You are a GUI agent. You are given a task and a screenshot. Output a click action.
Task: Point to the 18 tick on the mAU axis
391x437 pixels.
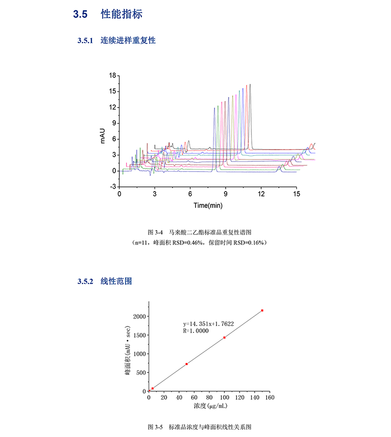click(112, 75)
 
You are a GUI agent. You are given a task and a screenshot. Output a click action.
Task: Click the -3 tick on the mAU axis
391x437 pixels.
click(112, 187)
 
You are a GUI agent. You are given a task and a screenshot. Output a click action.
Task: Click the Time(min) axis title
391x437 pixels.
click(208, 205)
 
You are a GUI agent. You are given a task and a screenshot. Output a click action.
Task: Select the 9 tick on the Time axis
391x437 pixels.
click(225, 194)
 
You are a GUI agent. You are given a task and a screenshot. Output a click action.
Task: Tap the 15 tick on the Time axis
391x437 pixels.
click(296, 194)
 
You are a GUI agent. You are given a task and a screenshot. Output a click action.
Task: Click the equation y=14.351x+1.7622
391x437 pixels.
click(208, 323)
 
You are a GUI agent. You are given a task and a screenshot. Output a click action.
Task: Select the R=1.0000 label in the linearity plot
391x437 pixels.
click(196, 331)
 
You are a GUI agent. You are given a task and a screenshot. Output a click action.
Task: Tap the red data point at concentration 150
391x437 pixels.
click(262, 310)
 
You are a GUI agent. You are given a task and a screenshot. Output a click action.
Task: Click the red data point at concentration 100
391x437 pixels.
click(224, 337)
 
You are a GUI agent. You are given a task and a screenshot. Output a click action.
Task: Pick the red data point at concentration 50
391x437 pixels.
click(187, 364)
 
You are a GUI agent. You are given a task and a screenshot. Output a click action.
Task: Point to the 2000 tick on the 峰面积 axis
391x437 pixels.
click(138, 316)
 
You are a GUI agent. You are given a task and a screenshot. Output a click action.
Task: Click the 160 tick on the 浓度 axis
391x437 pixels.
click(269, 398)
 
